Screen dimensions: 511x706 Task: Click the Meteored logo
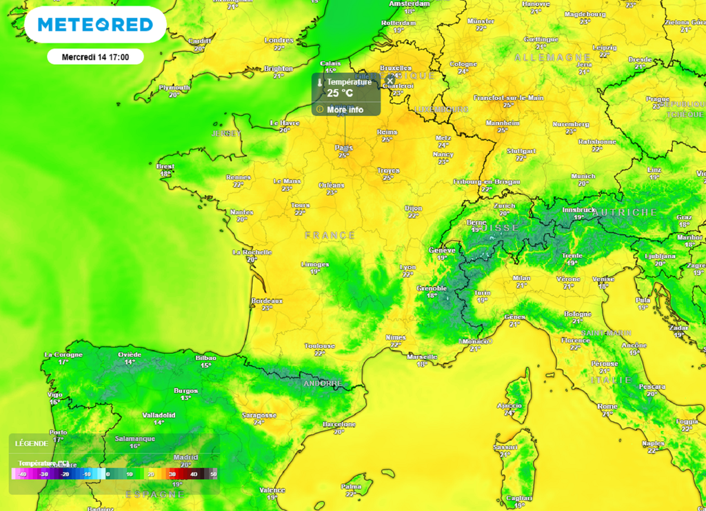tap(95, 25)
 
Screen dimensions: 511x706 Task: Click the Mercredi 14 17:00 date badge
tap(95, 57)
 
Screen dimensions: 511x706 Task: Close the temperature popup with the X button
tap(390, 81)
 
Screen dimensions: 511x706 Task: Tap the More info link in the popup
tap(345, 110)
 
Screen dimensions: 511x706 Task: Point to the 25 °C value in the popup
tap(340, 93)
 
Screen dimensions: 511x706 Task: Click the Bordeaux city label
tap(267, 301)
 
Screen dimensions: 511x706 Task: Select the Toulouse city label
tap(320, 345)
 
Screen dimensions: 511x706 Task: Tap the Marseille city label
tap(422, 357)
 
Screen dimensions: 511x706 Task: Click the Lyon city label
tap(408, 267)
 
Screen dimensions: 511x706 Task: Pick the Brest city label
tap(165, 166)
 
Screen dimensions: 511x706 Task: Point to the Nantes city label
tap(242, 212)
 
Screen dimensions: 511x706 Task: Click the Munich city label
tap(583, 176)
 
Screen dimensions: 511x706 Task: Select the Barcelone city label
tap(339, 424)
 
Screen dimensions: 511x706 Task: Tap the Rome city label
tap(607, 406)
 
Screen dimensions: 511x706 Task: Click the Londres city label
tap(279, 40)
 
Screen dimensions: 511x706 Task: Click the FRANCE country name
tap(330, 235)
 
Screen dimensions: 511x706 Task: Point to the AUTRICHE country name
tap(625, 212)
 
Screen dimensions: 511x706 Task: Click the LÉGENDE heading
tap(31, 443)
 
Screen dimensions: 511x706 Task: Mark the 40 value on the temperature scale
tap(194, 474)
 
